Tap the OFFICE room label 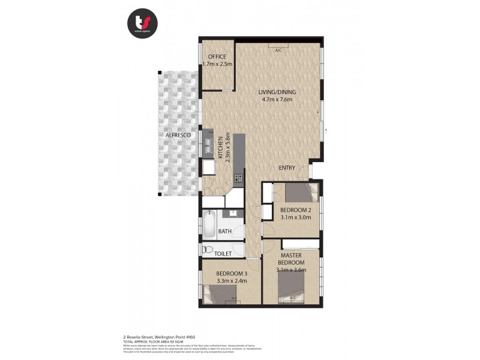[x=217, y=57]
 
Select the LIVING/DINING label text [x=277, y=92]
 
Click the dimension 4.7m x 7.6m [x=277, y=100]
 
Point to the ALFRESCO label [x=178, y=136]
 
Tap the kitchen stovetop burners [x=238, y=178]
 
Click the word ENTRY [x=287, y=167]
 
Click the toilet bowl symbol [x=208, y=250]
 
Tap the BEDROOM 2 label [x=295, y=209]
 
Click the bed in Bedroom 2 [x=298, y=194]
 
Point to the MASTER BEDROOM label [x=291, y=259]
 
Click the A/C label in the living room [x=278, y=50]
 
